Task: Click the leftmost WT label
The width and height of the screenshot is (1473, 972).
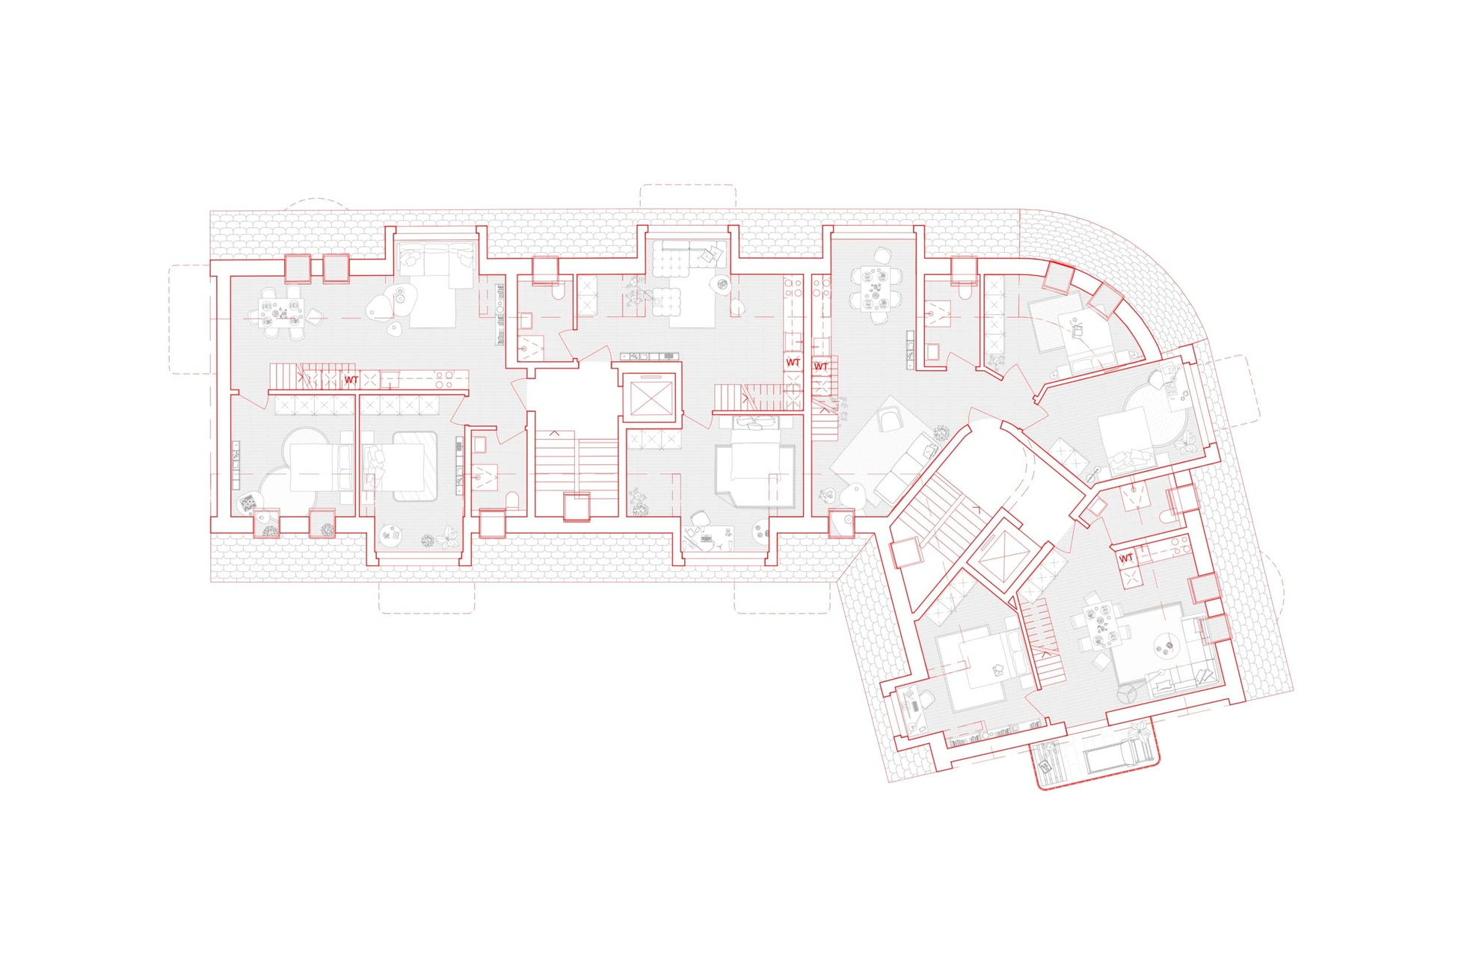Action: pos(351,381)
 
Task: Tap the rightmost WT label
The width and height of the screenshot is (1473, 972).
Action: pos(1126,558)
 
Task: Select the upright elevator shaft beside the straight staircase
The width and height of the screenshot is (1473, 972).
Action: pos(651,397)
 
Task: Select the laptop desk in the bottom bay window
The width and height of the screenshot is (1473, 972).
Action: pos(707,537)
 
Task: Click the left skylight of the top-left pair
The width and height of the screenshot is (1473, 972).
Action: pos(297,268)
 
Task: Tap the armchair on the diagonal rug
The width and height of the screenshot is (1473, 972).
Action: pos(891,422)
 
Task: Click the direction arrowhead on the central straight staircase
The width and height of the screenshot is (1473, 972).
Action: pos(554,433)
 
